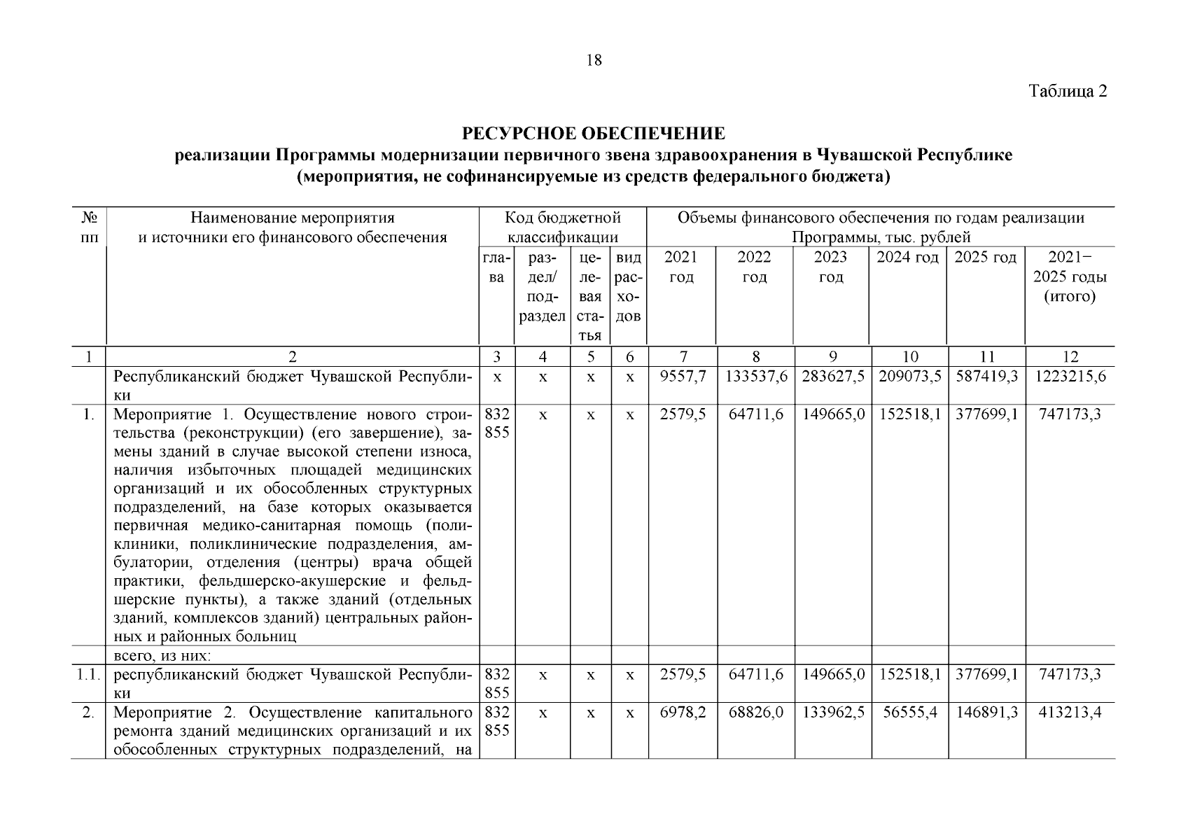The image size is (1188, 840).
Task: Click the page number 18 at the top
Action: tap(593, 60)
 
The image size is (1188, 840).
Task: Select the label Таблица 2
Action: tap(1068, 92)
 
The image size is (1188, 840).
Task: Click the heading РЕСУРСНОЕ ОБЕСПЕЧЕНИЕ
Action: tap(593, 133)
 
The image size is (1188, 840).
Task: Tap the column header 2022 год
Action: tap(754, 267)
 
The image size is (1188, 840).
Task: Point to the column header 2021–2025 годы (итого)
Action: tap(1069, 276)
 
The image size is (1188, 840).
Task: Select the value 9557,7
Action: tap(683, 377)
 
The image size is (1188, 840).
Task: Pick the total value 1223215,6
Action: tap(1070, 377)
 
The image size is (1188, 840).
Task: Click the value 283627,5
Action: tap(832, 377)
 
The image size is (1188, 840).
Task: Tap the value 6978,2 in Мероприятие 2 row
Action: tap(683, 713)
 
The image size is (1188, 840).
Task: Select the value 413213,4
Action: tap(1070, 713)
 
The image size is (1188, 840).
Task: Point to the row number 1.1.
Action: tap(88, 675)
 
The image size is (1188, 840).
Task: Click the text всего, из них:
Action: tap(162, 656)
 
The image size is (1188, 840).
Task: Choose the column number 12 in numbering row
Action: tap(1070, 356)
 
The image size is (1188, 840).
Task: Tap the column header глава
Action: tap(496, 267)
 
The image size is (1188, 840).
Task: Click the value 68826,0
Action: tap(755, 713)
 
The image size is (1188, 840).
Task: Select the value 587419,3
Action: tap(986, 377)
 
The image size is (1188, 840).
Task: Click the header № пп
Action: tap(88, 227)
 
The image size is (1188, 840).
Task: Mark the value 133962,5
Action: tap(832, 713)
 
